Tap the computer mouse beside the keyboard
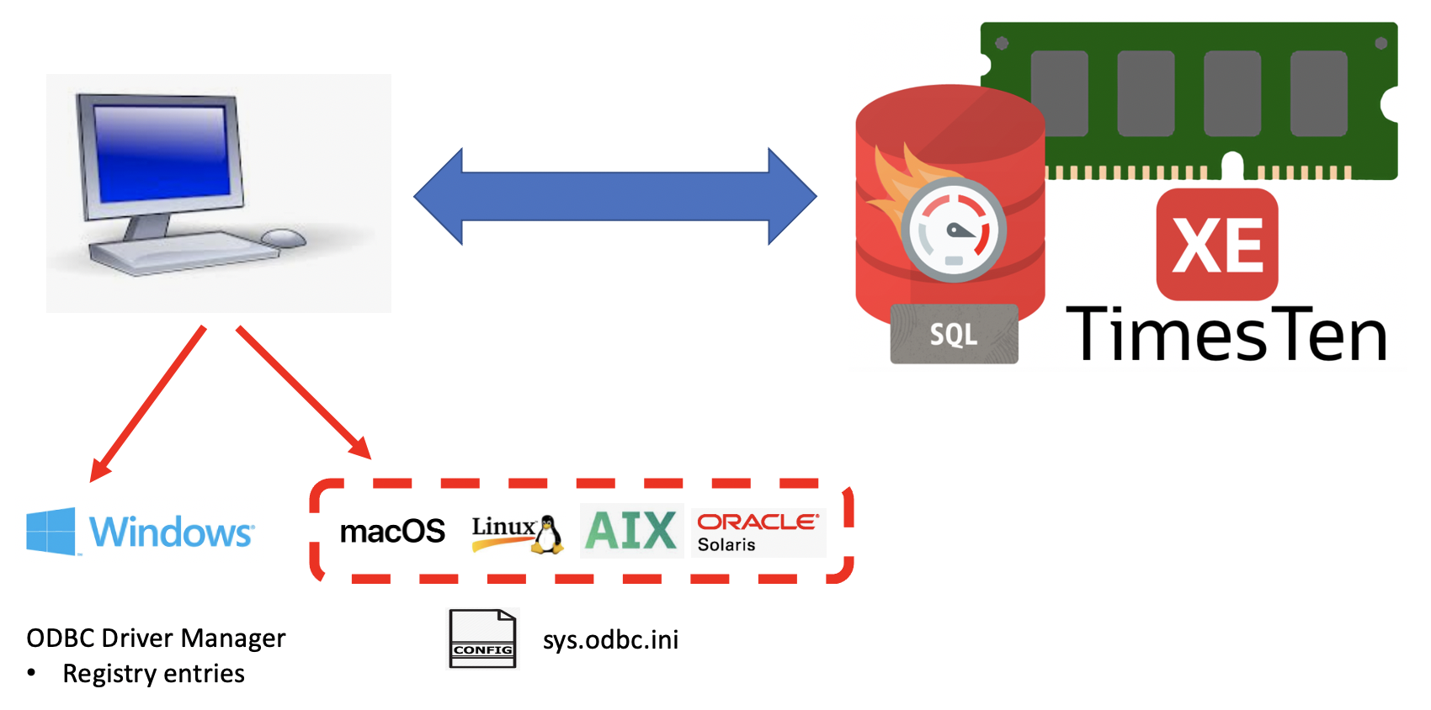pos(284,238)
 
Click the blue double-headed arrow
pos(614,197)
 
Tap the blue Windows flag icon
pos(51,531)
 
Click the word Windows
pos(171,532)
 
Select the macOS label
pos(392,532)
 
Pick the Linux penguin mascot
pos(548,535)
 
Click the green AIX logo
pos(631,531)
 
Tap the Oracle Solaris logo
pos(758,532)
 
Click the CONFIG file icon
pos(482,639)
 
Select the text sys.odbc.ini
pos(610,640)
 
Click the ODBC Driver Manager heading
pos(156,638)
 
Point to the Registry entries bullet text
pos(153,674)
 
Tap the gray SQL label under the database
pos(954,335)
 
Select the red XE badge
pos(1217,245)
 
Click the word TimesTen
pos(1226,335)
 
